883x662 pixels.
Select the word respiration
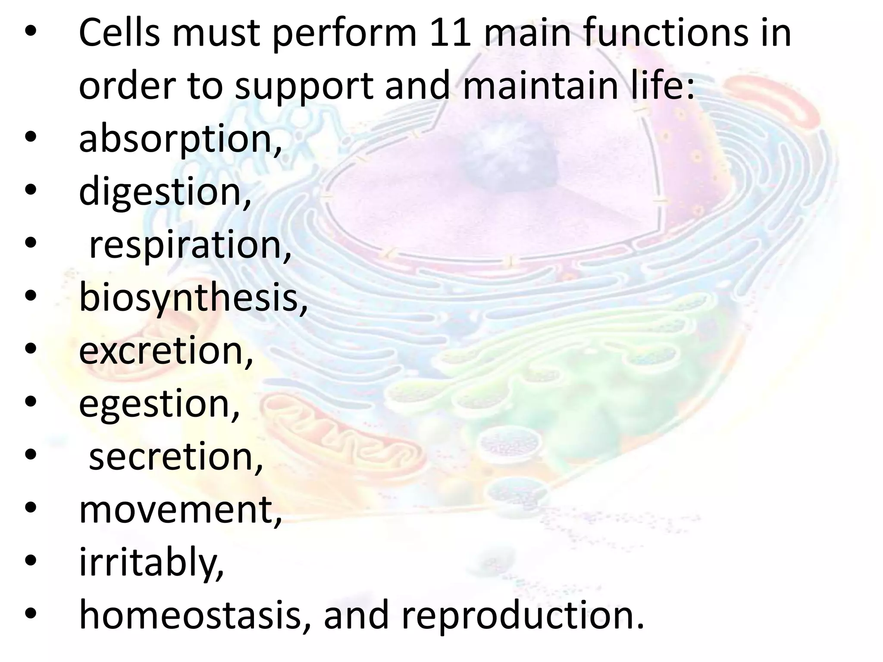pos(190,245)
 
